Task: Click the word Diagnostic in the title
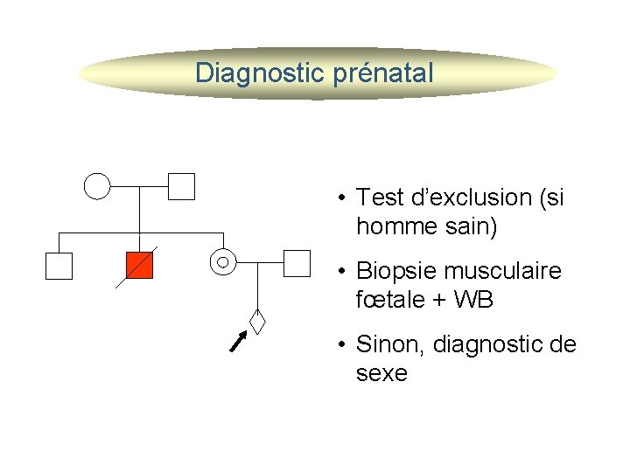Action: pyautogui.click(x=260, y=73)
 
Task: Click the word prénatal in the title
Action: pyautogui.click(x=383, y=73)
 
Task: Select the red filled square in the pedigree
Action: pyautogui.click(x=139, y=265)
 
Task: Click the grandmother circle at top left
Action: pyautogui.click(x=97, y=186)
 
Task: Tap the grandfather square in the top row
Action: pyautogui.click(x=181, y=186)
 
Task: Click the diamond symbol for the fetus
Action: pyautogui.click(x=257, y=321)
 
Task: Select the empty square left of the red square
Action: pyautogui.click(x=59, y=265)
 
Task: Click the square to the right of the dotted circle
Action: pyautogui.click(x=297, y=262)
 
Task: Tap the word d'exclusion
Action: pyautogui.click(x=463, y=198)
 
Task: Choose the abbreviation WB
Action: pyautogui.click(x=475, y=301)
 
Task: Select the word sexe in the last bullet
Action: pyautogui.click(x=381, y=373)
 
